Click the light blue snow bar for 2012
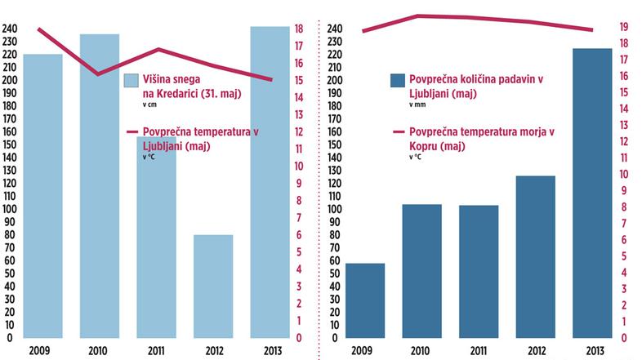[212, 286]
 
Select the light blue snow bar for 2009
[43, 196]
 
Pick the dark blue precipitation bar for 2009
[365, 300]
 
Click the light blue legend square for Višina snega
[131, 81]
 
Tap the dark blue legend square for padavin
[398, 80]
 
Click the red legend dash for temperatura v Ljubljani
[132, 131]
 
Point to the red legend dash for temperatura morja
[399, 131]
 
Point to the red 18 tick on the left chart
[299, 29]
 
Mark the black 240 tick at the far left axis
[9, 29]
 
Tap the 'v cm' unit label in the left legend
[150, 104]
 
